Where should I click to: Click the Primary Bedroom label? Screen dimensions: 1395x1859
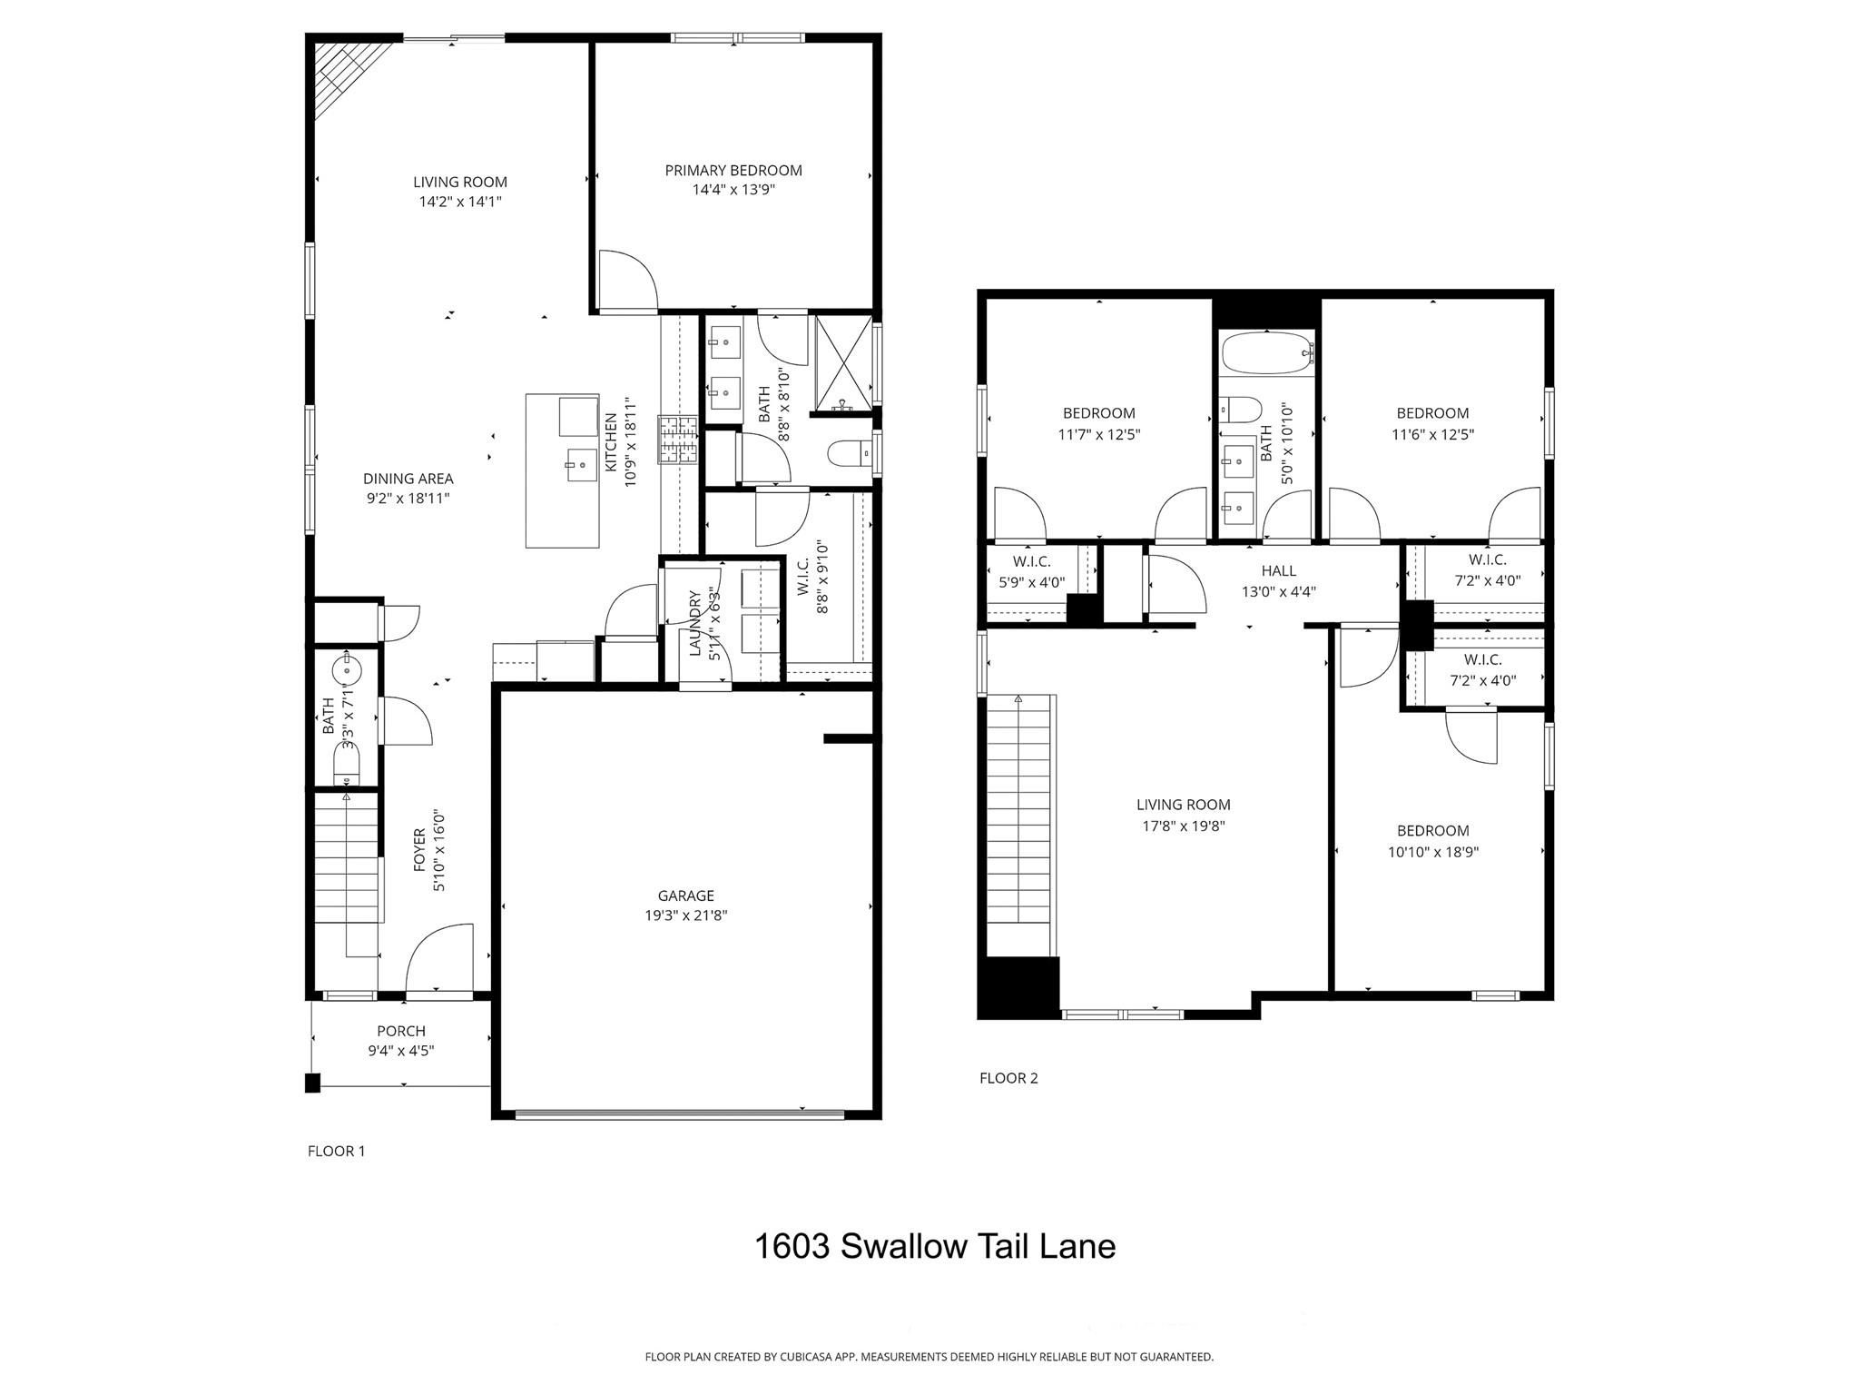click(x=733, y=170)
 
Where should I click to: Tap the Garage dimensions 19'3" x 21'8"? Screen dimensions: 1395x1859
click(x=685, y=915)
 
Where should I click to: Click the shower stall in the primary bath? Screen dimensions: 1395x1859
click(x=842, y=363)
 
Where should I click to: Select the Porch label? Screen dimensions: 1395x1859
click(x=401, y=1031)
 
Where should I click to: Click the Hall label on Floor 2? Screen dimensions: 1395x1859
click(x=1278, y=570)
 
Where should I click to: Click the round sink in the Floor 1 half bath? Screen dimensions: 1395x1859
click(x=347, y=671)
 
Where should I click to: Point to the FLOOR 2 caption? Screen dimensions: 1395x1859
click(x=1008, y=1078)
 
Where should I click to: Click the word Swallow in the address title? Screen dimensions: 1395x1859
click(x=903, y=1246)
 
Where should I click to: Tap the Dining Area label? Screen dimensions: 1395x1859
click(x=408, y=479)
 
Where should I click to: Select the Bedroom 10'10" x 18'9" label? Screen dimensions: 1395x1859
click(x=1432, y=830)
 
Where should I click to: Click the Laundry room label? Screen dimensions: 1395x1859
click(x=694, y=622)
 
